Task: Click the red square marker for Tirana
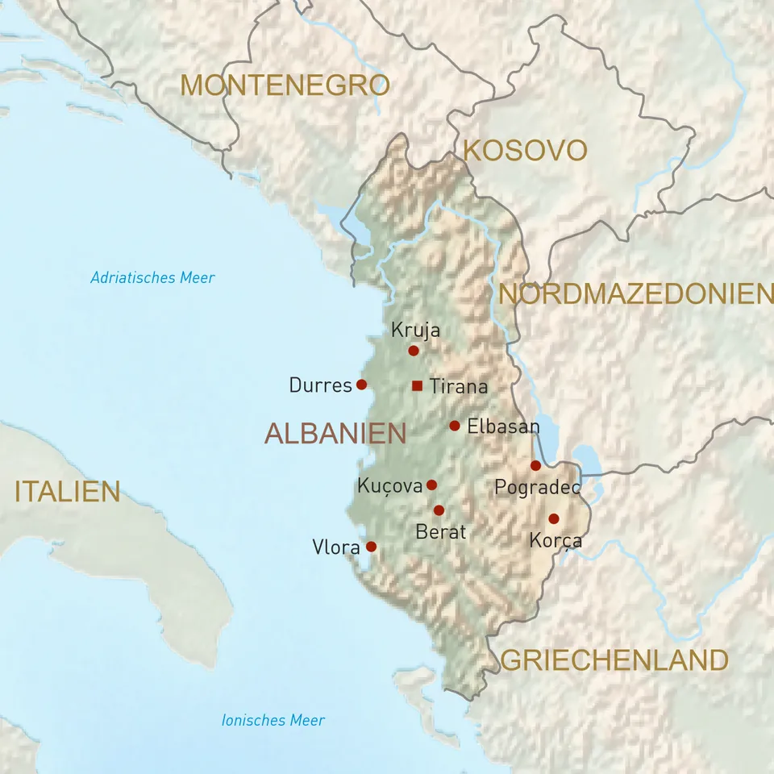417,385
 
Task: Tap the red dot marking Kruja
414,351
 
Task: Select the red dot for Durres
361,385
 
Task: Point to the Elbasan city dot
455,426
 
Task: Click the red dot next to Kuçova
431,485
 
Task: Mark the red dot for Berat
439,510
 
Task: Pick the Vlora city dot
371,546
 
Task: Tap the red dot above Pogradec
535,465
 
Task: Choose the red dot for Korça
553,518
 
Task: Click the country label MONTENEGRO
285,85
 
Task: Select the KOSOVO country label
524,150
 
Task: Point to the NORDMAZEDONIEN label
635,293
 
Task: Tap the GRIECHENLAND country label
614,660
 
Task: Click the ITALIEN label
68,491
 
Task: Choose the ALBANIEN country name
335,433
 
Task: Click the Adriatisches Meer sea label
152,277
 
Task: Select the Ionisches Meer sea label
273,720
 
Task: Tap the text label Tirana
459,386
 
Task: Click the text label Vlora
335,547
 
